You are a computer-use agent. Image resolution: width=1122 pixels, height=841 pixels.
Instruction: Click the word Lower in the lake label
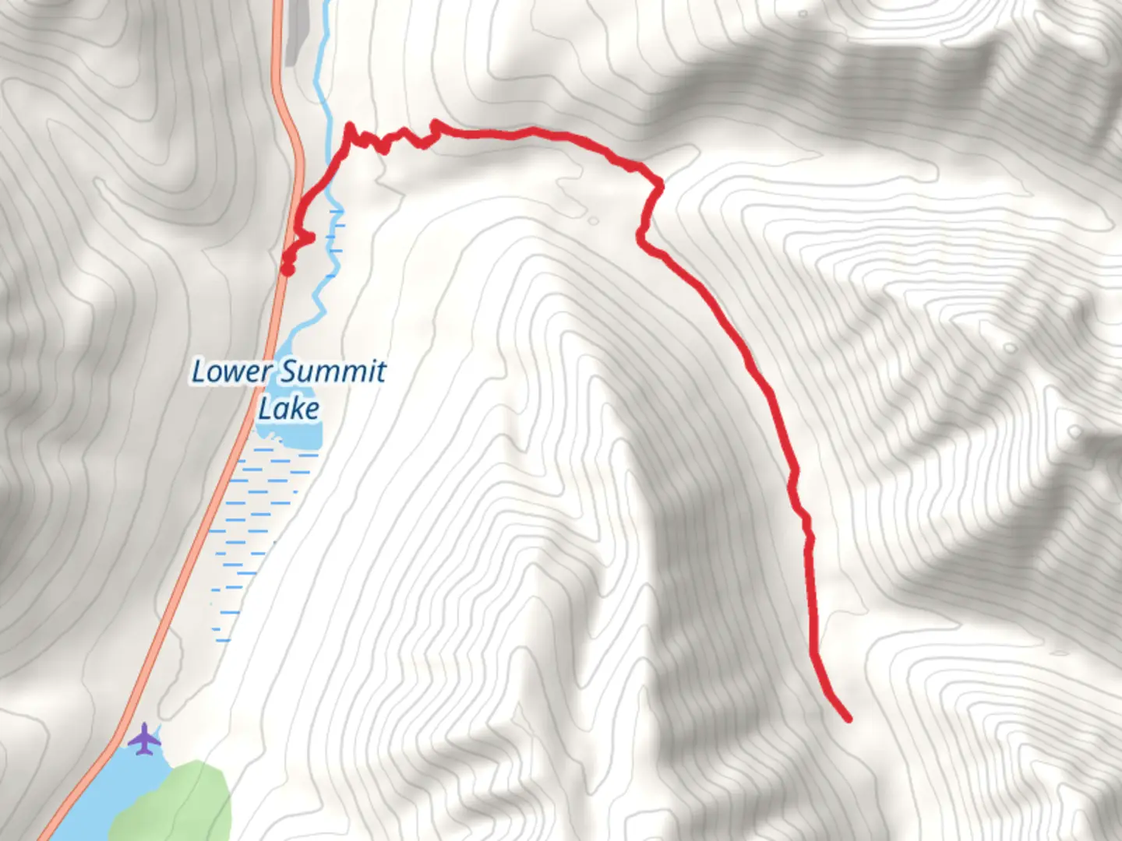tap(231, 371)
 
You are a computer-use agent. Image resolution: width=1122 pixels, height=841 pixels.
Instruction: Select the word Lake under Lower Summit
tap(288, 409)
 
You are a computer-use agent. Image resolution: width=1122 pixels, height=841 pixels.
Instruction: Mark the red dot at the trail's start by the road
tap(288, 269)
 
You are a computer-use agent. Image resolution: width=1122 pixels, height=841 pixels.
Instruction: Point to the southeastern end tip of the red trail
tap(848, 718)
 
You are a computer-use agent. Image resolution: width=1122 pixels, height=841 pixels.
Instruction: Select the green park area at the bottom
tap(175, 802)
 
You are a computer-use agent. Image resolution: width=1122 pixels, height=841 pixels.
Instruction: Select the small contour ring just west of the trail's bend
tap(594, 221)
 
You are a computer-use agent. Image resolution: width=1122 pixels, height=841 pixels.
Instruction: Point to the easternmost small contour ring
tap(1075, 431)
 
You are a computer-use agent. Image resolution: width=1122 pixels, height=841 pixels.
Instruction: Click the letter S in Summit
tap(289, 371)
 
